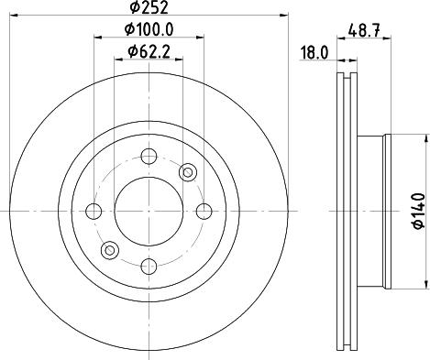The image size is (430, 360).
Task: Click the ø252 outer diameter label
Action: [x=148, y=9]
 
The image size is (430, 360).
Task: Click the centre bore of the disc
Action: [x=148, y=211]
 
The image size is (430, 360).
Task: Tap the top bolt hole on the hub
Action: [x=148, y=157]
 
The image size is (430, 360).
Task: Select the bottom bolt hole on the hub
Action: [x=148, y=266]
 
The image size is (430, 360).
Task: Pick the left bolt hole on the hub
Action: [x=93, y=212]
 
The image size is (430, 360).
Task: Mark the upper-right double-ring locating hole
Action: [x=187, y=171]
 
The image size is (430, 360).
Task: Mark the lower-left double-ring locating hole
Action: [x=110, y=249]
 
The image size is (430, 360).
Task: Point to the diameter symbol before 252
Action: [x=134, y=9]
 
